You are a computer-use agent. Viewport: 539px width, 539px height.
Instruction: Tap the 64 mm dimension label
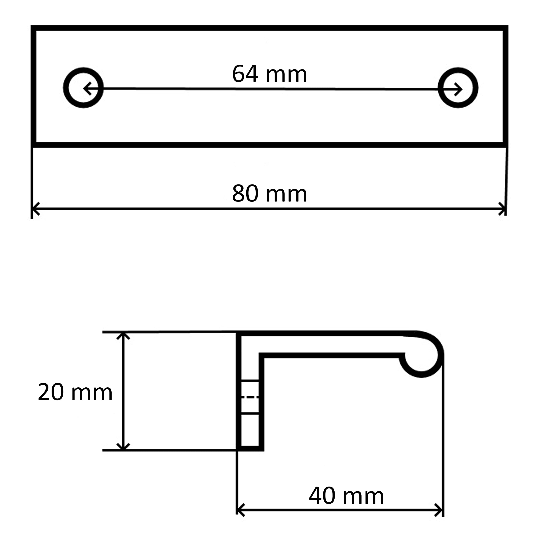click(269, 74)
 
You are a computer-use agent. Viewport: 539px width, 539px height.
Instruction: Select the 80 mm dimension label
click(269, 193)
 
